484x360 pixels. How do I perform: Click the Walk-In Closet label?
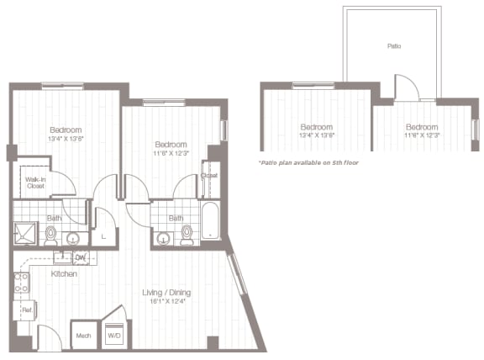pyautogui.click(x=34, y=183)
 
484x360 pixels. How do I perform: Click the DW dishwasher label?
pyautogui.click(x=82, y=257)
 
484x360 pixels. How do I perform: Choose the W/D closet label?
pyautogui.click(x=113, y=336)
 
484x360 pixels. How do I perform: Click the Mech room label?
pyautogui.click(x=83, y=336)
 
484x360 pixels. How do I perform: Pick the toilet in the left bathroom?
pyautogui.click(x=52, y=233)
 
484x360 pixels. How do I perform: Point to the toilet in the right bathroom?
pyautogui.click(x=186, y=236)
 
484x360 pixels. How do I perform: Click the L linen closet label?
pyautogui.click(x=102, y=238)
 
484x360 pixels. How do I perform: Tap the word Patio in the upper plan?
pyautogui.click(x=393, y=47)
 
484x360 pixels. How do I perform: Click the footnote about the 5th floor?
pyautogui.click(x=308, y=161)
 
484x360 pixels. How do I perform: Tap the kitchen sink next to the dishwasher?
pyautogui.click(x=63, y=257)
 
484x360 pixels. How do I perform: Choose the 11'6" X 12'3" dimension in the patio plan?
pyautogui.click(x=421, y=135)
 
